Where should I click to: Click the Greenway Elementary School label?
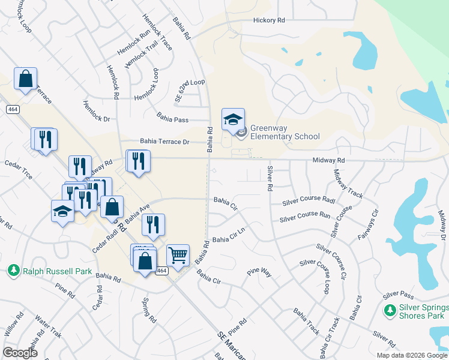285,132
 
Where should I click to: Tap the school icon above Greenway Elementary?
233,119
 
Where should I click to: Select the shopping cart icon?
178,256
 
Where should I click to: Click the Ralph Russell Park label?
58,271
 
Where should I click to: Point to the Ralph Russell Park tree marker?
14,271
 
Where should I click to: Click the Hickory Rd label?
268,20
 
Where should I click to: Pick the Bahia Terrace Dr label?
164,142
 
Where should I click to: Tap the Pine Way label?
259,273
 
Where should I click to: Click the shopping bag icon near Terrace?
26,79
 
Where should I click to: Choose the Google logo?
20,353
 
